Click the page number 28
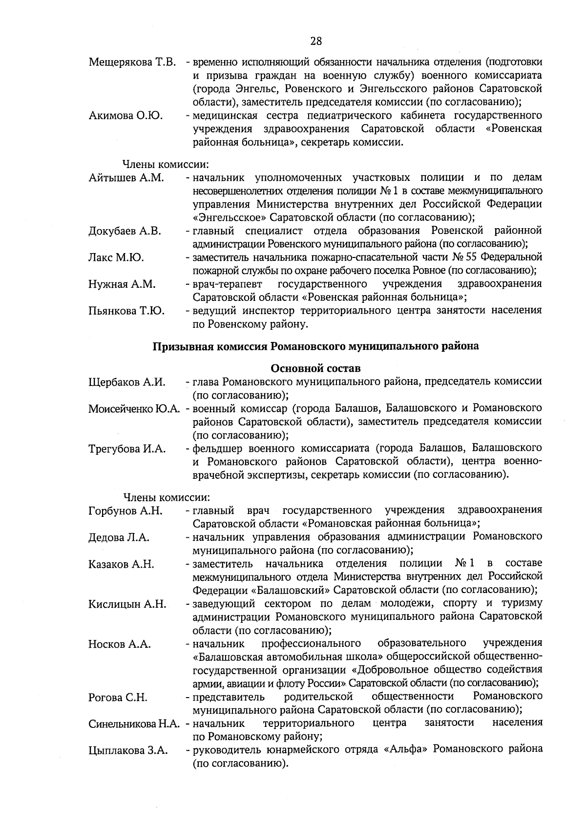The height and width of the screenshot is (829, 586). pyautogui.click(x=316, y=41)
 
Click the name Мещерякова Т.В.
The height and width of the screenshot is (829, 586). pyautogui.click(x=132, y=63)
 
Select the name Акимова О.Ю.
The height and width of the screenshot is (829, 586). pyautogui.click(x=126, y=116)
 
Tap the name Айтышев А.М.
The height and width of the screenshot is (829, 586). pyautogui.click(x=126, y=178)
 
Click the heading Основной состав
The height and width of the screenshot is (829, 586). pyautogui.click(x=315, y=368)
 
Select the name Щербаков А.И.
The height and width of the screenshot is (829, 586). pyautogui.click(x=127, y=382)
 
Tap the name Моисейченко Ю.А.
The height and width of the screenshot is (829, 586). pyautogui.click(x=135, y=408)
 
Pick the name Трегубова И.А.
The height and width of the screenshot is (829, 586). pyautogui.click(x=127, y=448)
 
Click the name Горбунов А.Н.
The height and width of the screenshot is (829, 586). pyautogui.click(x=126, y=511)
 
